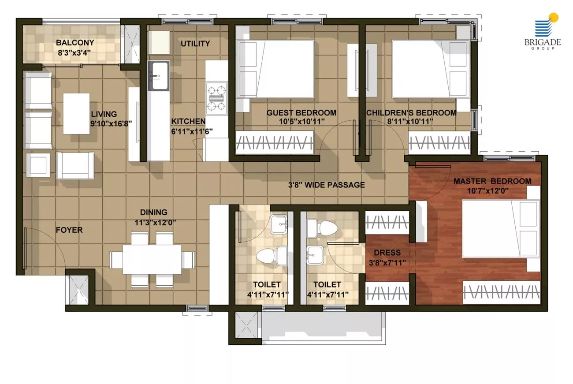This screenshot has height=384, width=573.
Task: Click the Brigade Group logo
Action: pos(543,31)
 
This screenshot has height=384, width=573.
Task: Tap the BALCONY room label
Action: pos(75,42)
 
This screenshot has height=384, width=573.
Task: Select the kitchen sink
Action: pos(159,76)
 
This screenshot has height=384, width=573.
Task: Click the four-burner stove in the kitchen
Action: pos(217,98)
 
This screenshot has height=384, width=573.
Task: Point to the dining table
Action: pos(152,260)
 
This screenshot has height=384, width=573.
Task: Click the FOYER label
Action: pos(69,230)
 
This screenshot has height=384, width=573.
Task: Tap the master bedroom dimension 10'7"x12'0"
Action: pos(487,191)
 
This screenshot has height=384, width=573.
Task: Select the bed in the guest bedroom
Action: pos(275,69)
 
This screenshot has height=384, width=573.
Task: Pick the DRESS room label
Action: pos(387,253)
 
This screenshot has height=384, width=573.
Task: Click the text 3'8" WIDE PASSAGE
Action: pos(327,185)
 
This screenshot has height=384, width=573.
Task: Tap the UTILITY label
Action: pos(195,44)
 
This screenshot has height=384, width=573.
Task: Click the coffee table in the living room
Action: pos(76,114)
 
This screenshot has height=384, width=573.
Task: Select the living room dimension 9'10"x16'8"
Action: pos(111,123)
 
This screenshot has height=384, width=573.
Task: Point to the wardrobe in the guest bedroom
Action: pos(275,142)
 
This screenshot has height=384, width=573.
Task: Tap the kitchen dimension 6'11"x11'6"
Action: pos(192,131)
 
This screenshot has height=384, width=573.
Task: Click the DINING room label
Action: pos(154,212)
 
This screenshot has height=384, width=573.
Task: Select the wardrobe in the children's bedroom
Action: pos(439,142)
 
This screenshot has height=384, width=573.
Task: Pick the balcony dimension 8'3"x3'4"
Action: pos(74,53)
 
